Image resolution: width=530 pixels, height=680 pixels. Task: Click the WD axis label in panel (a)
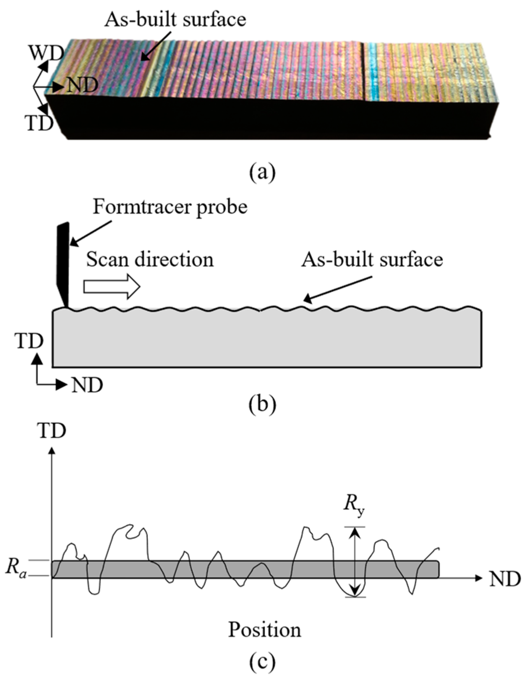tap(46, 53)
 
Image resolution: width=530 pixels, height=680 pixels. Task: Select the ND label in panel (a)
tap(82, 86)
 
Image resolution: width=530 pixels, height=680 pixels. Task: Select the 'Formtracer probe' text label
tap(170, 207)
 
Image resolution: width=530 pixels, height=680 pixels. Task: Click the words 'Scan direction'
tap(150, 260)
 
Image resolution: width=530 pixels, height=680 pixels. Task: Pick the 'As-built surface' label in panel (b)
tap(372, 260)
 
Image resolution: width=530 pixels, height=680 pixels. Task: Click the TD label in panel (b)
tap(29, 341)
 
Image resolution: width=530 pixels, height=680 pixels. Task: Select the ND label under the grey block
tap(87, 385)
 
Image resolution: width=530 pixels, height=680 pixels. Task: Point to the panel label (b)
tap(262, 405)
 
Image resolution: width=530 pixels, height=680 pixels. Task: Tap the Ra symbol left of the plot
tap(16, 568)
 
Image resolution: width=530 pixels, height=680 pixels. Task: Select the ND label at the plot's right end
tap(505, 579)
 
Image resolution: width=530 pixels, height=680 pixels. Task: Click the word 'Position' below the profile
tap(265, 630)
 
